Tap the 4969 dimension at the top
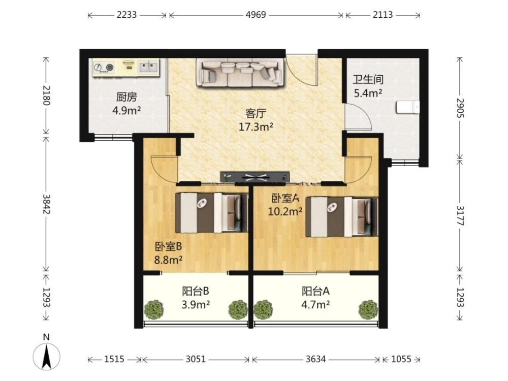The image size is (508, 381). [x=256, y=15]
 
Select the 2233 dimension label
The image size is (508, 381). [x=126, y=15]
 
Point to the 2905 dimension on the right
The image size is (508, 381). [x=460, y=108]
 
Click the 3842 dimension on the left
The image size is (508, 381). [x=46, y=204]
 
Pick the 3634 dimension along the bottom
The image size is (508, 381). [x=315, y=359]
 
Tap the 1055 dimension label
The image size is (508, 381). [x=401, y=359]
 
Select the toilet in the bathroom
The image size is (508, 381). [x=407, y=107]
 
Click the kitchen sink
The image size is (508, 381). [x=148, y=67]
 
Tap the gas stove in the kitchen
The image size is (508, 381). [x=104, y=68]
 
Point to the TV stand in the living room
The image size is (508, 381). [x=255, y=177]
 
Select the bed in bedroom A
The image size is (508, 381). [x=342, y=216]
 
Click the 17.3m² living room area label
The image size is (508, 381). [x=256, y=127]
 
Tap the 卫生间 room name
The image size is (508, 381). [x=368, y=79]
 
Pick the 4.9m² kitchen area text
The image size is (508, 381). [x=126, y=111]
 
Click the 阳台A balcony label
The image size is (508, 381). [x=315, y=291]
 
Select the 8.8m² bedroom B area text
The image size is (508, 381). [x=168, y=260]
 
